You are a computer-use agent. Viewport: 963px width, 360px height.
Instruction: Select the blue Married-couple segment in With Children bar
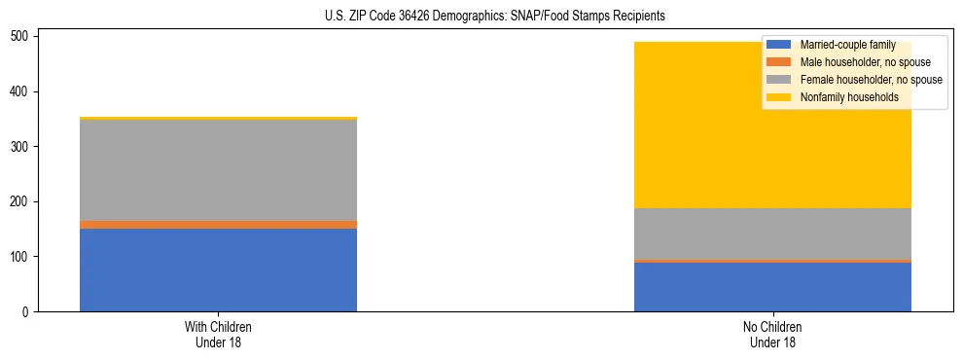218,270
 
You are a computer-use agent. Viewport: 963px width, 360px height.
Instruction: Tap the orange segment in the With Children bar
218,225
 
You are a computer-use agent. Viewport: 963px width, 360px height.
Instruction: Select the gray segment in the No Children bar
772,234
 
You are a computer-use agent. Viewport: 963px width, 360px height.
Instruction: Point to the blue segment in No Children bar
772,287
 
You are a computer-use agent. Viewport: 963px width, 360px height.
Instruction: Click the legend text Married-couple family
847,46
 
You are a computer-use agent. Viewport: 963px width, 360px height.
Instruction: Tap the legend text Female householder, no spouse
870,80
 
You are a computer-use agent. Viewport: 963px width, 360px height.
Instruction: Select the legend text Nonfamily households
842,97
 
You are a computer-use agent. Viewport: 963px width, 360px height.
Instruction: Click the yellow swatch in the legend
779,97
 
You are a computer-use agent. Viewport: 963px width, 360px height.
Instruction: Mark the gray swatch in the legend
779,80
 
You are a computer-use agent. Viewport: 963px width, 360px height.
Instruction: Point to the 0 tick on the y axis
28,312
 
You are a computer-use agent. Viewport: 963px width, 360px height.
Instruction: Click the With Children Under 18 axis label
218,335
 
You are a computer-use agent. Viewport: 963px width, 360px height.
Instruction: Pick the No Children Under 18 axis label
772,335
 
